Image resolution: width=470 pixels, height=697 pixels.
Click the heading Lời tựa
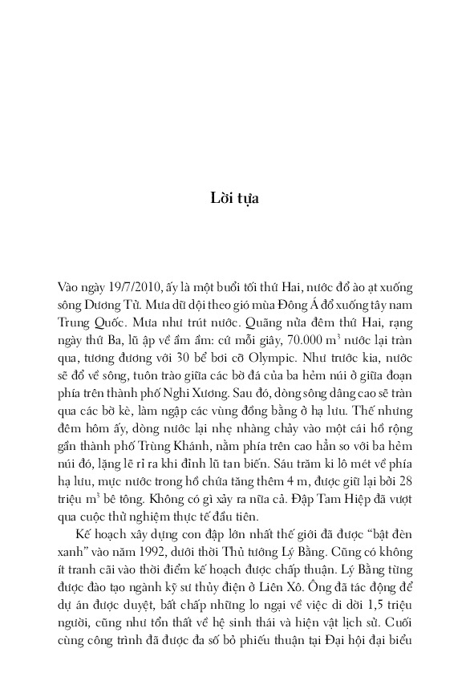tap(234, 198)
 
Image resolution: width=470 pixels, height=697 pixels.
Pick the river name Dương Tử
tap(114, 305)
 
